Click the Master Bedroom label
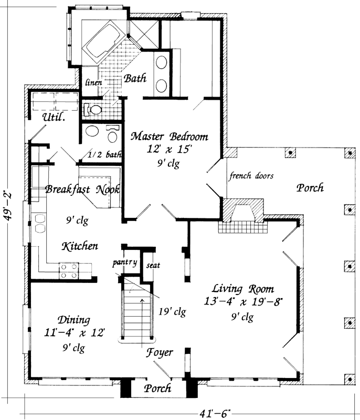(x=168, y=136)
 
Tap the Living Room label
(x=242, y=289)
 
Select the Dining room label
(x=74, y=320)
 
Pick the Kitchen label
(x=79, y=246)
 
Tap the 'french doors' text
(x=251, y=176)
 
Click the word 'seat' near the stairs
(x=153, y=265)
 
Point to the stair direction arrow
(x=142, y=315)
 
